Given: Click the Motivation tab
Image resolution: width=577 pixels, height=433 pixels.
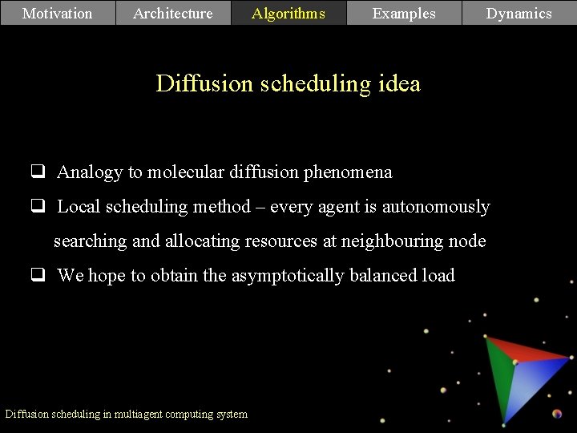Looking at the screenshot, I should (x=58, y=13).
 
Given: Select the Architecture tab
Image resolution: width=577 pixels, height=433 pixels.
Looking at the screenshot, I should (x=173, y=13).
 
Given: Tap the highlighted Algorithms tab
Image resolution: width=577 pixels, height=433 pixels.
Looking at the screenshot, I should (x=288, y=13).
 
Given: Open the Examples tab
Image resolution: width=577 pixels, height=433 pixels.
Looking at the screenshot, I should (x=404, y=13).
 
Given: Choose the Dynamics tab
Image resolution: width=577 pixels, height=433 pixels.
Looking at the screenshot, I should (x=519, y=13).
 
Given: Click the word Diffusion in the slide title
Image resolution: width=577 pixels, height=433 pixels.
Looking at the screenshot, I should (x=204, y=83).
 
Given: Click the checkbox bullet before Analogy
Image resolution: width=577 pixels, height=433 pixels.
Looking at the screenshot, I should (x=38, y=172).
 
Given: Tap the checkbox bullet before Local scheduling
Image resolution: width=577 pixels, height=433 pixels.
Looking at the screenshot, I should (x=38, y=206).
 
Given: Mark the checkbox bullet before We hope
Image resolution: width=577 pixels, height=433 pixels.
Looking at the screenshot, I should (x=38, y=276).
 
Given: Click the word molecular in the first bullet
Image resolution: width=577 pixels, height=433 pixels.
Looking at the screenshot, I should (x=185, y=172).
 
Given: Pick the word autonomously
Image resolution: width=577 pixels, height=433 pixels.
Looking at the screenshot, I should (x=435, y=207).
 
